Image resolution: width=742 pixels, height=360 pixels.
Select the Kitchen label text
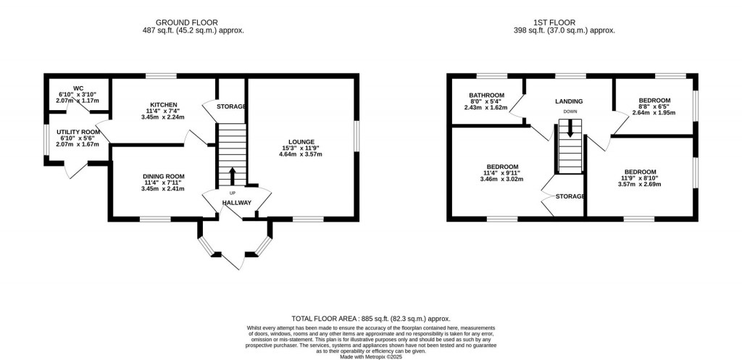(164, 104)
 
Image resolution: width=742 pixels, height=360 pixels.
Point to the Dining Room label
(163, 176)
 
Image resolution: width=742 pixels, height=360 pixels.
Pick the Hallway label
(237, 203)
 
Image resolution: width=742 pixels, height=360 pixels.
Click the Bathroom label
(485, 95)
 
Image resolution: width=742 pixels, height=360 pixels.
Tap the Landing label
(570, 101)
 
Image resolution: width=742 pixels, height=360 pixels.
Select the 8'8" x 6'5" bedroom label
(654, 100)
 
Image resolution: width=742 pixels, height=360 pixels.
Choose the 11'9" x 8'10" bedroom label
(641, 172)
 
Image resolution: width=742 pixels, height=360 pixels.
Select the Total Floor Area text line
(370, 319)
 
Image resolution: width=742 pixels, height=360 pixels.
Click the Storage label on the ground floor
(231, 107)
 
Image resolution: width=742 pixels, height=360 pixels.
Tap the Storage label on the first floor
(570, 196)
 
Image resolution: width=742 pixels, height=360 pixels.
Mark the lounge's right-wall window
(357, 135)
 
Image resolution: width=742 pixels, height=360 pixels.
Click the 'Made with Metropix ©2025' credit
(370, 356)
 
